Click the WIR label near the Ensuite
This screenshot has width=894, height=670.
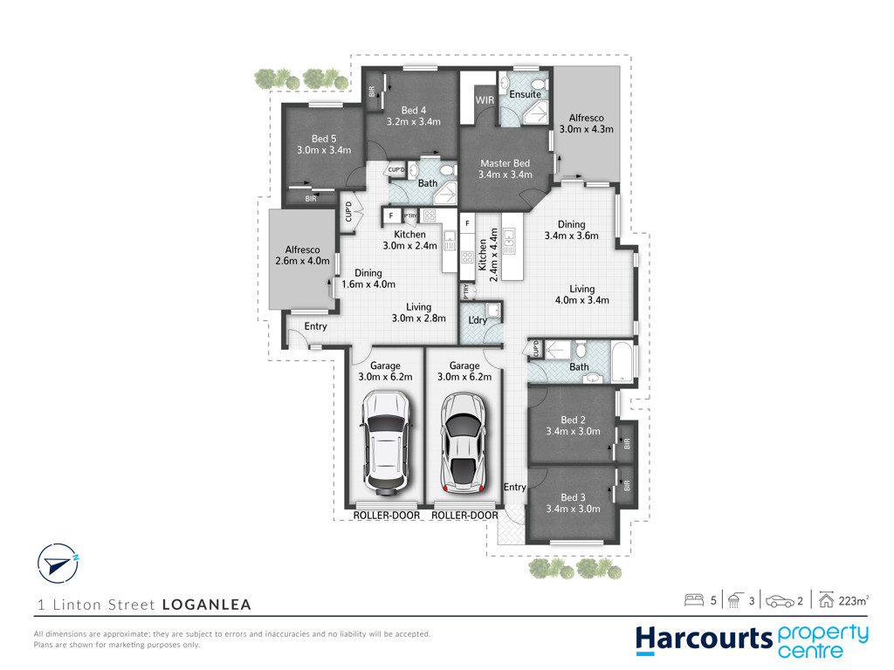pos(485,99)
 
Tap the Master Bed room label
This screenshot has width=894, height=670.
pos(505,168)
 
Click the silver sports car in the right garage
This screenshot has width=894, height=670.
pos(464,442)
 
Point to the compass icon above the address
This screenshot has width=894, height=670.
pos(58,564)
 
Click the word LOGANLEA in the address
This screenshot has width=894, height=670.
pos(207,605)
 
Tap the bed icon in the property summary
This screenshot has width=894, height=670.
pos(694,600)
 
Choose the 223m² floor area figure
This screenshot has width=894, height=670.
pos(854,600)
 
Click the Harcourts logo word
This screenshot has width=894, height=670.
pos(705,639)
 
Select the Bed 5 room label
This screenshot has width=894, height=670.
pos(324,144)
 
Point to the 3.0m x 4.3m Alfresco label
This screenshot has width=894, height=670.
pos(586,124)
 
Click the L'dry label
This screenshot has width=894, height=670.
pos(478,320)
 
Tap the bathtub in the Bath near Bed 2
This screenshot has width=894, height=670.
pos(622,362)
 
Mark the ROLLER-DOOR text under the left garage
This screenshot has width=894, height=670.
pos(387,515)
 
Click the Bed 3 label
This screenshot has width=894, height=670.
pos(573,503)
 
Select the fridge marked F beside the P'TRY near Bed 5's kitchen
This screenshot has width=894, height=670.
pos(391,215)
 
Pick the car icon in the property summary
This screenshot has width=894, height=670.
pos(780,601)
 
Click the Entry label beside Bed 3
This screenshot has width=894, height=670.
pos(514,487)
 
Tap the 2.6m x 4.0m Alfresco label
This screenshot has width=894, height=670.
pos(303,256)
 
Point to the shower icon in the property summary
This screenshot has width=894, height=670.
pos(734,600)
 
